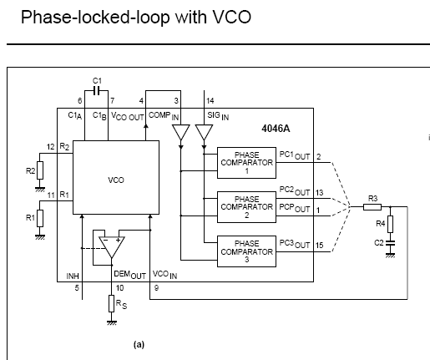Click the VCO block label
116,180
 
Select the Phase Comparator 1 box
246,163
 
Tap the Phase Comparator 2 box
246,207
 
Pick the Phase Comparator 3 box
246,251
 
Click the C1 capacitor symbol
96,91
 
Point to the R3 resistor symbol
372,207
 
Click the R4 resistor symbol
390,224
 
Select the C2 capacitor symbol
390,243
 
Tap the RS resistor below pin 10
111,303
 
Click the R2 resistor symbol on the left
40,170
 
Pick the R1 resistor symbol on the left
40,218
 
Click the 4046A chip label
276,129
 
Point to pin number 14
210,101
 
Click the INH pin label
73,276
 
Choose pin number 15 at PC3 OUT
320,246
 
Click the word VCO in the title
232,17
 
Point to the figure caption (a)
139,345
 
